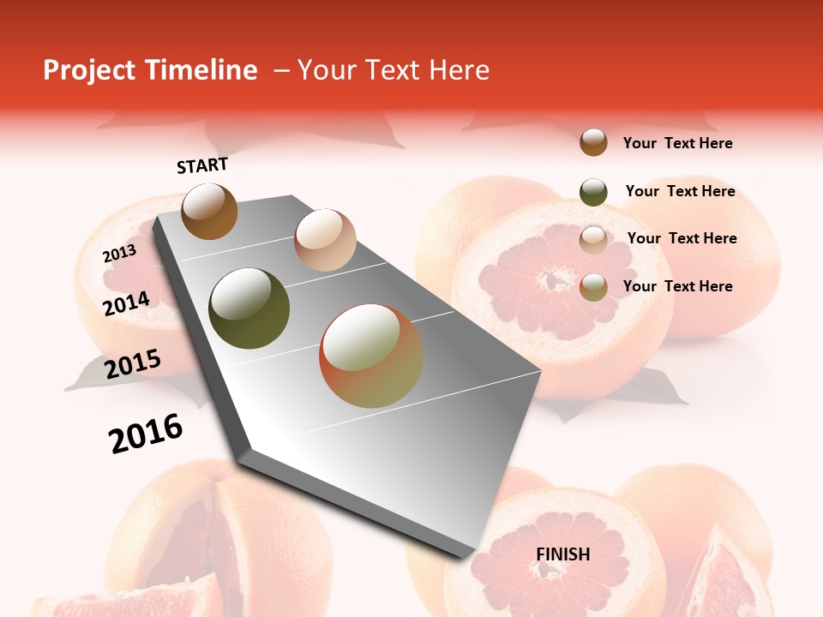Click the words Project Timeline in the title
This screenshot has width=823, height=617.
pos(150,70)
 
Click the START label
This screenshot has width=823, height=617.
pos(202,165)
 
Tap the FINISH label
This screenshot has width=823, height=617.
pos(563,554)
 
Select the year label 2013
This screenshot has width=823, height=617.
pos(119,254)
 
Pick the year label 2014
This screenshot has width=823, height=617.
pos(126,304)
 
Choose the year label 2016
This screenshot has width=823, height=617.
pos(146,434)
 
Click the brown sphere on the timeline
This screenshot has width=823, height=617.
pos(209,211)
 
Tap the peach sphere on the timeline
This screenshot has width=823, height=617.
pos(325,240)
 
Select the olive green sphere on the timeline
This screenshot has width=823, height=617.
pos(249,308)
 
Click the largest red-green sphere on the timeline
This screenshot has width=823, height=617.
pos(371,356)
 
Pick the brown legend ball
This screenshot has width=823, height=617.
pos(593,142)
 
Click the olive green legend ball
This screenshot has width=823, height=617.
pos(593,192)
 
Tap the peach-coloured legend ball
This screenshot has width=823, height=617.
pos(593,240)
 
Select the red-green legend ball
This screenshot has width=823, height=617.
pos(593,287)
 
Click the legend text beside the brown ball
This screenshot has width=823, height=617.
pos(677,143)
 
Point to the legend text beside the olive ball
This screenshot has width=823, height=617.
pos(680,191)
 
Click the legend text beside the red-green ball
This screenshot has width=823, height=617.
pos(677,286)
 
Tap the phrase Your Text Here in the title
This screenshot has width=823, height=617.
pos(393,70)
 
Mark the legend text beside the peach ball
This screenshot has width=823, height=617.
pos(682,238)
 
